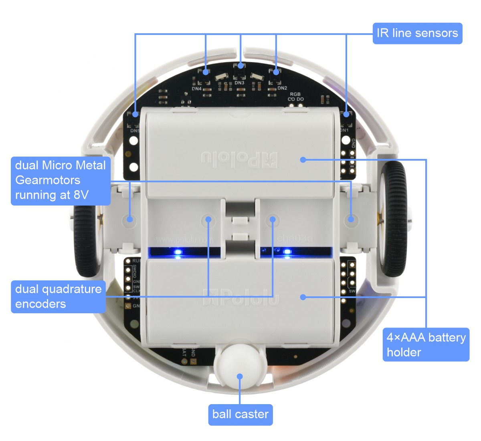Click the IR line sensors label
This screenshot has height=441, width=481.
[417, 33]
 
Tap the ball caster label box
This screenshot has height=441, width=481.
[240, 415]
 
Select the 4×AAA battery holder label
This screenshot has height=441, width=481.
[426, 345]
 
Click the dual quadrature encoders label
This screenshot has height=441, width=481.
[58, 296]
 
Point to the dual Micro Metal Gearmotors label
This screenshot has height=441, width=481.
[61, 180]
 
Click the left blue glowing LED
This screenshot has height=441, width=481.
[178, 252]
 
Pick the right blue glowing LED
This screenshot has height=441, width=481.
[287, 252]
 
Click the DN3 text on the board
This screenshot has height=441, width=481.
[239, 83]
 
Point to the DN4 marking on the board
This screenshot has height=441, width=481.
[196, 89]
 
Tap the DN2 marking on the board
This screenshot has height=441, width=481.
[282, 88]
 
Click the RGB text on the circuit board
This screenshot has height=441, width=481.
[295, 94]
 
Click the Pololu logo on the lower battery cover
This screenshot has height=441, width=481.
[240, 297]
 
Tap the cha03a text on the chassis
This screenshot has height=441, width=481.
[295, 239]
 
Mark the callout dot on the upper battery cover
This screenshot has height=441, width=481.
[303, 160]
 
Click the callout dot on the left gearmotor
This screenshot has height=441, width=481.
[130, 219]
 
